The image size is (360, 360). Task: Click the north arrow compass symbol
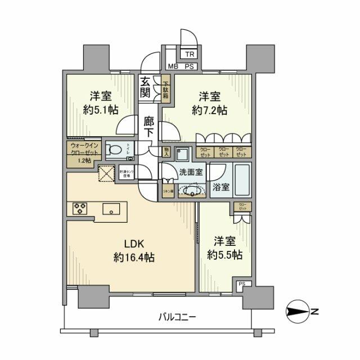(299, 310)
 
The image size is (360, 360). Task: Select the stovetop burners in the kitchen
(79, 209)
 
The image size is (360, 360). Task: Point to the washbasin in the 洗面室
(192, 191)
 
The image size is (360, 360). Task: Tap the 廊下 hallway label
(148, 127)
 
